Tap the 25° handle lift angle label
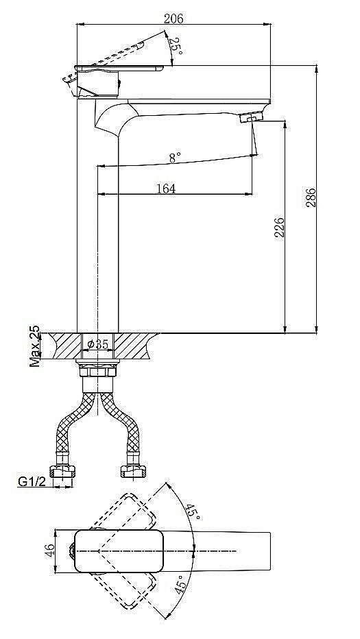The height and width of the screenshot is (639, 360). tap(176, 46)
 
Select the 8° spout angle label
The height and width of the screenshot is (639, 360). tap(175, 157)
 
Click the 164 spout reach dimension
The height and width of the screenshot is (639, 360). tap(166, 188)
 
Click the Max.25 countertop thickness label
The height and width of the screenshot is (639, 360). tap(34, 346)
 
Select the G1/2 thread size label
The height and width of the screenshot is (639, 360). tap(31, 482)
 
